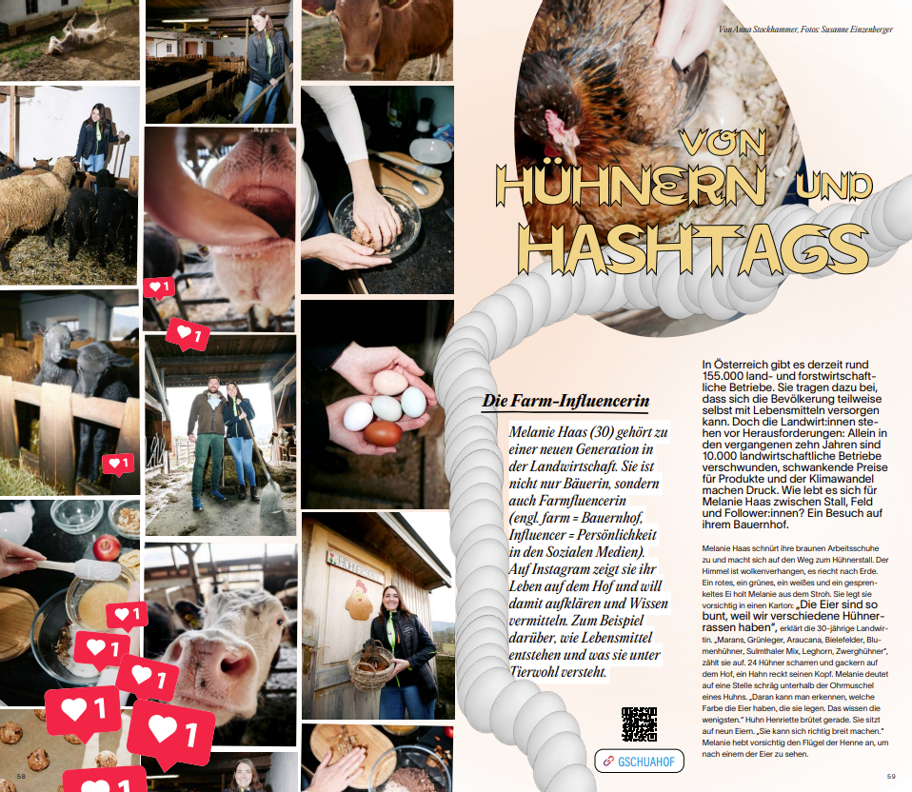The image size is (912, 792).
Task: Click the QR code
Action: coord(639,724)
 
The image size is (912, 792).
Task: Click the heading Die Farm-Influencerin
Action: coord(565,402)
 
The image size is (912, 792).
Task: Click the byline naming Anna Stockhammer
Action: coord(807,29)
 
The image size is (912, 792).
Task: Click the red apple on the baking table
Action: coord(108,547)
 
